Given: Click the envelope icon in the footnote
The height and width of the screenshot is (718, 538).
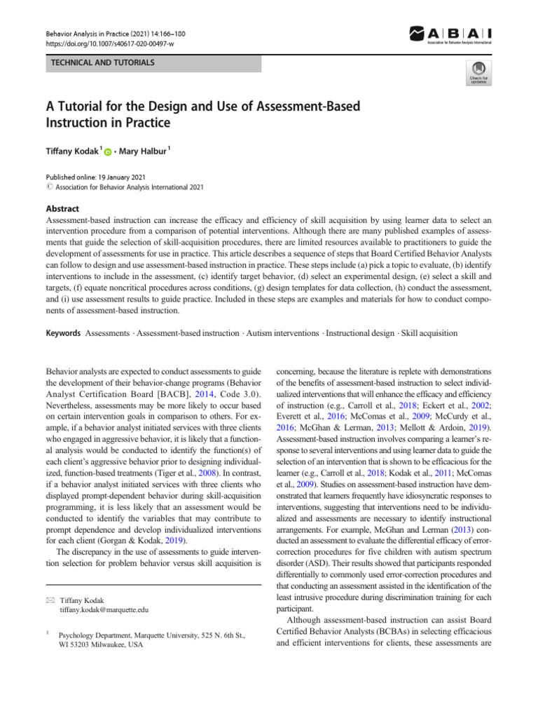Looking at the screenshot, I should [x=48, y=601].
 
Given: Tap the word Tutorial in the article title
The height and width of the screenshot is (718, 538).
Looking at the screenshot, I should [x=83, y=107].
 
